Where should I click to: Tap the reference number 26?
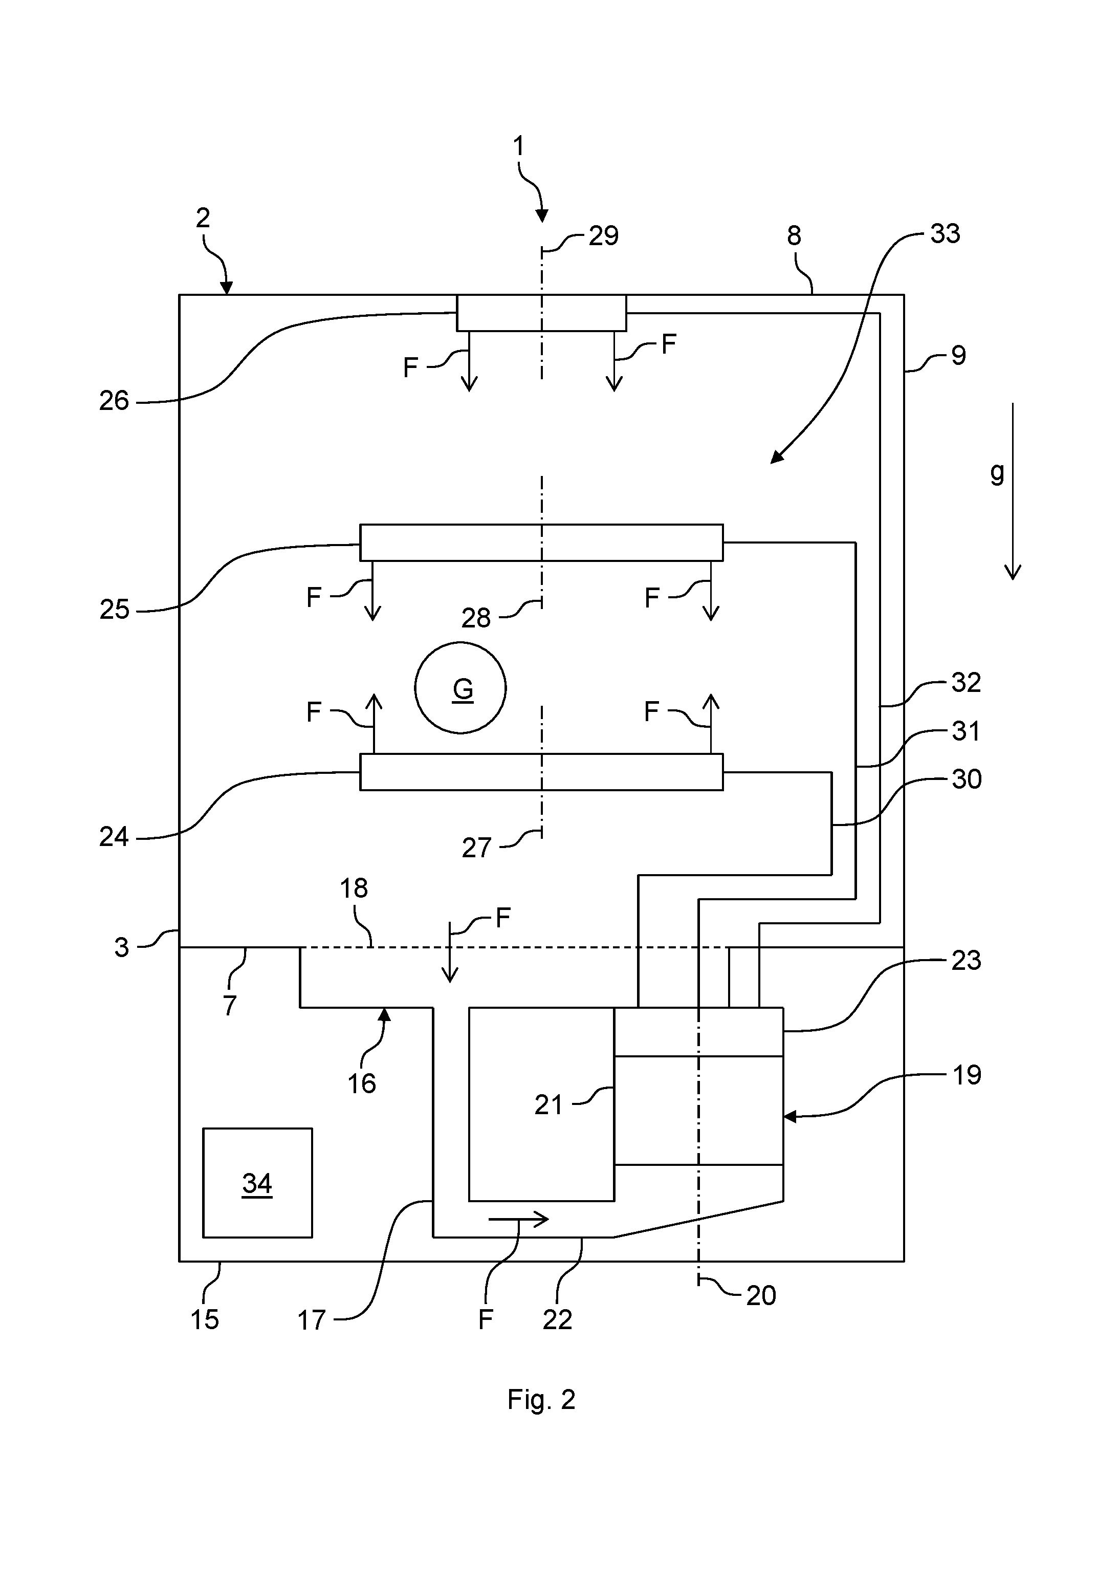[x=114, y=401]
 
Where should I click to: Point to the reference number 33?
[x=945, y=234]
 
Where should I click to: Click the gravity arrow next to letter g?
[x=1013, y=491]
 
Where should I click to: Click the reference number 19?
[x=967, y=1075]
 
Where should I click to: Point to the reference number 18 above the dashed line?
[x=354, y=889]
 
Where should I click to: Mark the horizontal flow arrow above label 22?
[x=519, y=1220]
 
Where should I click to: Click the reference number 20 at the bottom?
[x=761, y=1296]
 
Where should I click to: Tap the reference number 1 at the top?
[x=519, y=146]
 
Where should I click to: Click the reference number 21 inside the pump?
[x=548, y=1105]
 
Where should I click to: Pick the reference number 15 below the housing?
[x=205, y=1319]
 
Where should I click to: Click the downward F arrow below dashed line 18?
[x=450, y=952]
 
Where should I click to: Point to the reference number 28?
[x=476, y=619]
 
